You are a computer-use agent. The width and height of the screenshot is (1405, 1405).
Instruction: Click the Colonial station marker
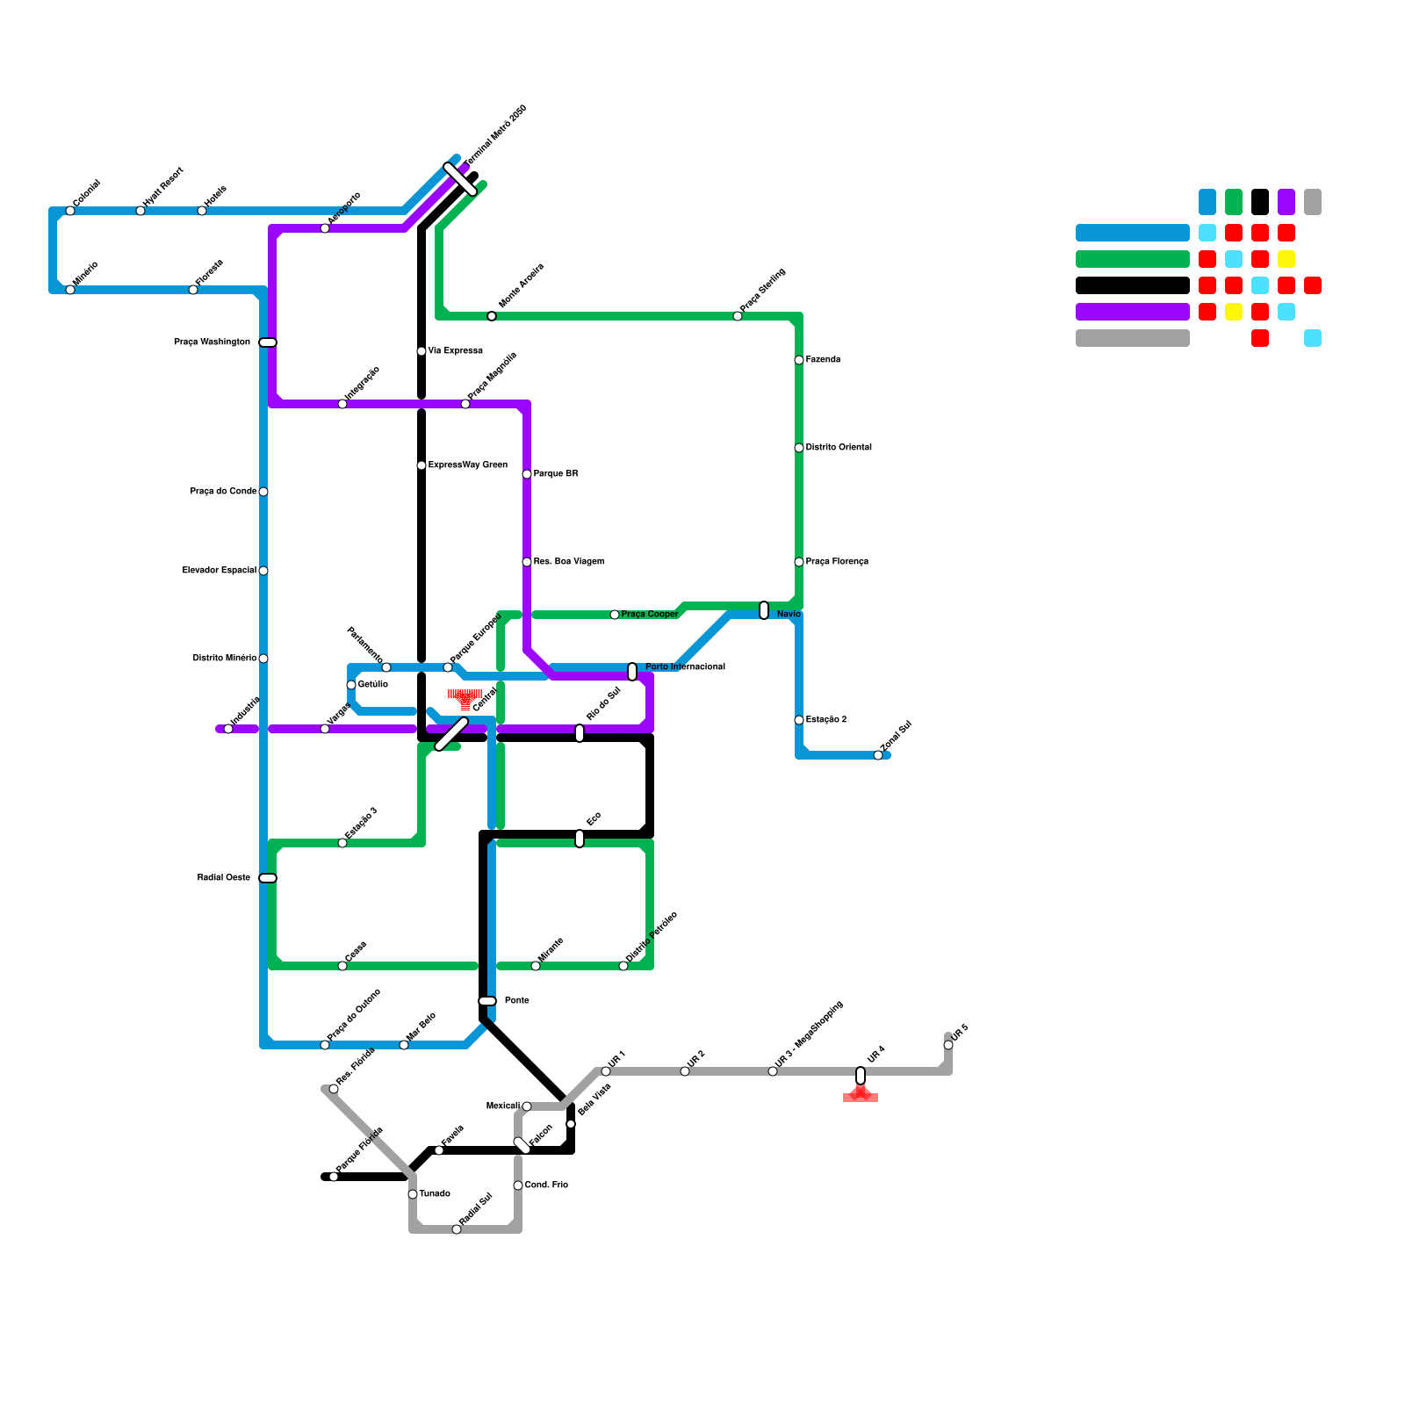click(x=70, y=211)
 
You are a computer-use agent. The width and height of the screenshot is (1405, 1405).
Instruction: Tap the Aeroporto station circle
click(x=325, y=228)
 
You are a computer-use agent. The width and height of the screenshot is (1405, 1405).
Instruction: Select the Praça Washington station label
click(x=212, y=342)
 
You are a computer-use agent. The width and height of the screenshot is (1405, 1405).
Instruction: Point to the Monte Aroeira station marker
click(x=492, y=316)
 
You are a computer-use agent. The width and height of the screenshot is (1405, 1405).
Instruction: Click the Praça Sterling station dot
click(x=738, y=316)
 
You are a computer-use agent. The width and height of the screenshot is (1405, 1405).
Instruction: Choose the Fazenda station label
click(x=823, y=360)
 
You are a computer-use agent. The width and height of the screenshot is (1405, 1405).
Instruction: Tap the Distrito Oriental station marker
click(x=799, y=448)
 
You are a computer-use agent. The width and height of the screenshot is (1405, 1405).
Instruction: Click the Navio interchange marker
click(x=764, y=610)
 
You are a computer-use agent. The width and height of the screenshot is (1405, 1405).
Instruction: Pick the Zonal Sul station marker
click(x=878, y=755)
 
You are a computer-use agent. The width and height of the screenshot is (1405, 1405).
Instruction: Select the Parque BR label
click(x=556, y=474)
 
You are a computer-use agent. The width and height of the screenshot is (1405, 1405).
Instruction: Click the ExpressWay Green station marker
click(x=421, y=465)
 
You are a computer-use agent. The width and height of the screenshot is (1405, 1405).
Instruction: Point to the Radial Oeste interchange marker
click(x=268, y=878)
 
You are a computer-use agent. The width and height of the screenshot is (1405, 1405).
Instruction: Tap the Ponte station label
click(x=517, y=1001)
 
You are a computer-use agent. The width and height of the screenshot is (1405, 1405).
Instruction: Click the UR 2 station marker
click(x=685, y=1071)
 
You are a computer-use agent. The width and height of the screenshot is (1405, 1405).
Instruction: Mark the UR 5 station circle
click(x=948, y=1045)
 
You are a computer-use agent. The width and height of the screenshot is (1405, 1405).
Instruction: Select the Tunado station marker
click(x=413, y=1194)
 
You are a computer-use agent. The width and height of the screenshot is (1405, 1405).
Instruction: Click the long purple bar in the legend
click(x=1133, y=312)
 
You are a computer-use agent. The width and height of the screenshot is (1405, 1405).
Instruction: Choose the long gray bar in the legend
click(x=1133, y=338)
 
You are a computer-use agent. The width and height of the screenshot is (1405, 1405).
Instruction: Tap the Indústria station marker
click(x=228, y=729)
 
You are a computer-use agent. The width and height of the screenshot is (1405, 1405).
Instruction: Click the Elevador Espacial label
click(x=220, y=571)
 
